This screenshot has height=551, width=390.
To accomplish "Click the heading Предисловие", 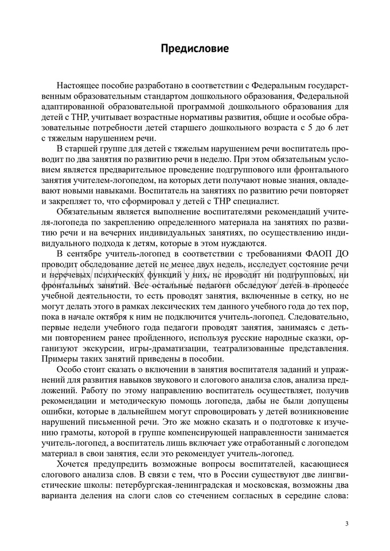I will [194, 48].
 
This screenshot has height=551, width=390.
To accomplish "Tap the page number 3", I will [347, 524].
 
